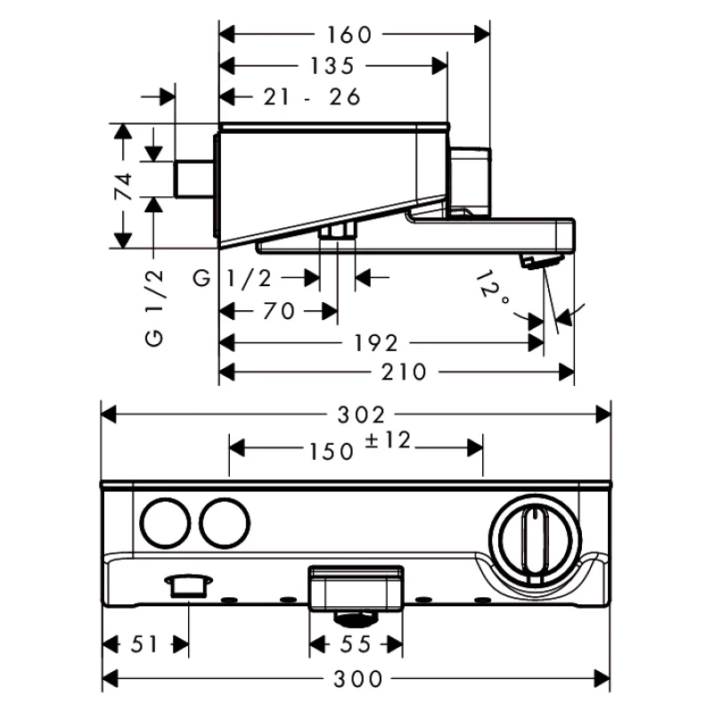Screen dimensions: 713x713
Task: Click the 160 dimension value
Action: pos(349,35)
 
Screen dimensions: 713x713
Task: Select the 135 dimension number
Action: pos(332,66)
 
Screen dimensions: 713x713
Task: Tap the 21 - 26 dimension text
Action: pos(312,97)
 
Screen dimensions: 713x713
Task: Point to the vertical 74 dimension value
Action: pos(123,186)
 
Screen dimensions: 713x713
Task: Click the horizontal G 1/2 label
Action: pos(233,278)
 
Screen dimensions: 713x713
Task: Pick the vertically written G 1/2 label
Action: pos(154,307)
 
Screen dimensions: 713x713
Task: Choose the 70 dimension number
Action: pos(279,311)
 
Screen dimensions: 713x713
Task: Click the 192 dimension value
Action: pos(376,343)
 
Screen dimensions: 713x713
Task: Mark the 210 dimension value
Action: pos(404,373)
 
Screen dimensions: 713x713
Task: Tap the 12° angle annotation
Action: pos(492,288)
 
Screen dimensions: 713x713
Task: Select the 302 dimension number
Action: pos(361,414)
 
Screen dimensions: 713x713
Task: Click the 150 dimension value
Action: pos(332,452)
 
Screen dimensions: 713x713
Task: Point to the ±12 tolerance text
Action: pos(388,440)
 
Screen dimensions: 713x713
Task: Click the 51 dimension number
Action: pos(144,644)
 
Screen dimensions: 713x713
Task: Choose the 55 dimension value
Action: pos(356,644)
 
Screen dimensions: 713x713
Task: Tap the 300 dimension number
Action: pos(358,679)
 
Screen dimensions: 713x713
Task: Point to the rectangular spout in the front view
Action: pos(356,588)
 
